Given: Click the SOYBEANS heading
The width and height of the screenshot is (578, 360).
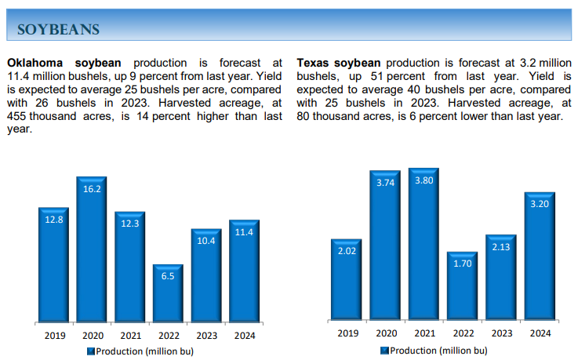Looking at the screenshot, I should point(58,29).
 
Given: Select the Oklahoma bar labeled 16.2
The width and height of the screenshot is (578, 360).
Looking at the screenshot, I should point(92,251).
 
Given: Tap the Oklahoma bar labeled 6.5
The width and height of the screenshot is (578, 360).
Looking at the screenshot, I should point(168,294).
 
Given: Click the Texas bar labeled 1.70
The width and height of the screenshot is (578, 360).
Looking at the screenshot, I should point(462,286).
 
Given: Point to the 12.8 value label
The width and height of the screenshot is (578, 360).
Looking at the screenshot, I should point(53,220).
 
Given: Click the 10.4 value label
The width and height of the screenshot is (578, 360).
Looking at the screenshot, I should point(206,241).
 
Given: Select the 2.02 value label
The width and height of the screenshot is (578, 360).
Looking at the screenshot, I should point(347,252).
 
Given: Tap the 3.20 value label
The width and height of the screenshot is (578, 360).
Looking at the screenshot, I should point(539,204).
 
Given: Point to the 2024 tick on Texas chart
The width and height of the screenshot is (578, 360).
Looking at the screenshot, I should point(540,333).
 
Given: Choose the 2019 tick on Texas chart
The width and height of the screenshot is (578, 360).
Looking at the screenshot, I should point(347,333).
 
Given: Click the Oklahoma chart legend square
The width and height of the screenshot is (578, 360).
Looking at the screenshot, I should point(90,351).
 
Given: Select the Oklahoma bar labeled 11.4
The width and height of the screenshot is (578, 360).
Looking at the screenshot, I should point(245,271).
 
